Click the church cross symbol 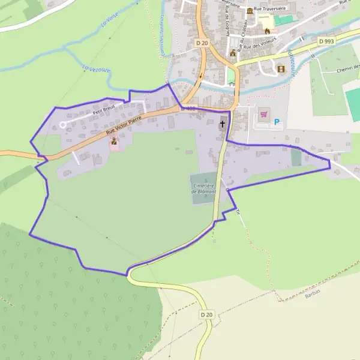223,124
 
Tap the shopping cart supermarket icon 264,114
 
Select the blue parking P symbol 277,122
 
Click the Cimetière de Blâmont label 203,189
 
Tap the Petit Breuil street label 103,110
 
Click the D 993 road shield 326,41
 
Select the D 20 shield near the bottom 206,314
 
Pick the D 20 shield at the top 202,43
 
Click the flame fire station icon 268,31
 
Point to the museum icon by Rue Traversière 249,11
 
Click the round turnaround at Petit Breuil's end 63,125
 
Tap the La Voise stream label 109,23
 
